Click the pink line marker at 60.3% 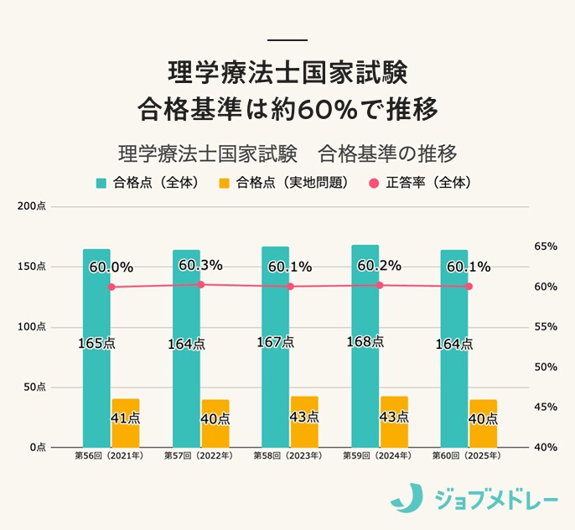point(200,284)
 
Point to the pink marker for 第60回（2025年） point(469,287)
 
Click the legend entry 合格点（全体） point(146,183)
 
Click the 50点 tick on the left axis point(34,387)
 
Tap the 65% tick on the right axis point(546,247)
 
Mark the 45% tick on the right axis point(546,408)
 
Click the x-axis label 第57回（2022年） point(200,456)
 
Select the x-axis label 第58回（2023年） point(290,456)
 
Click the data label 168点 point(365,342)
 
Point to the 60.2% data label point(379,266)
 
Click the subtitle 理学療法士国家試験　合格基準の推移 point(287,154)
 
